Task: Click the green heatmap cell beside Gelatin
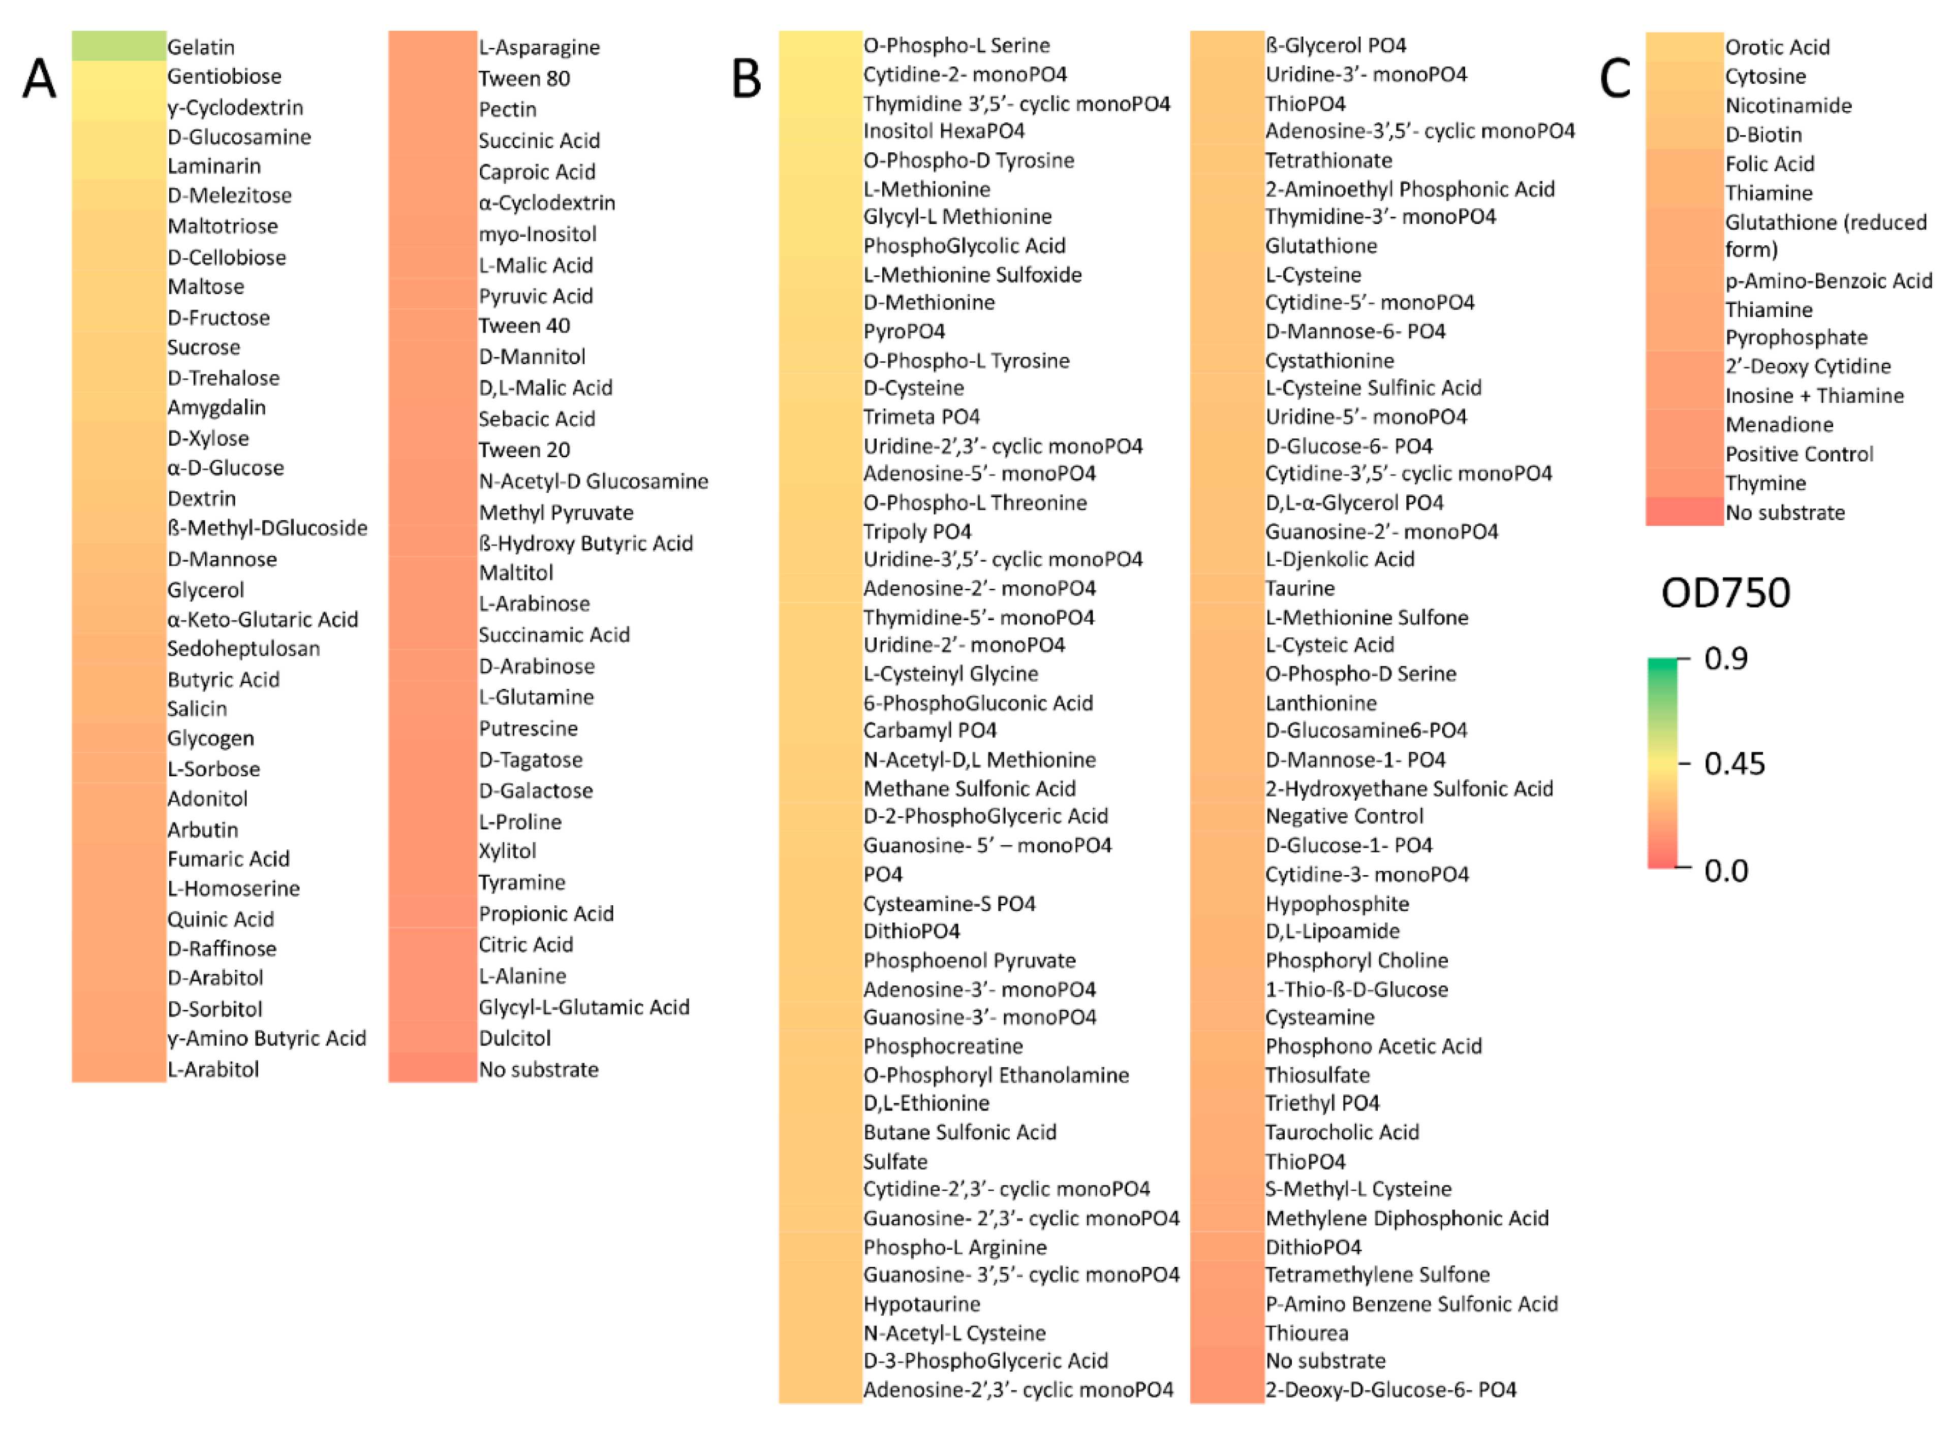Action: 118,46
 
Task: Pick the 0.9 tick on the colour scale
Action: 1725,659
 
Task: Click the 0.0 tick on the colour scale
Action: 1725,870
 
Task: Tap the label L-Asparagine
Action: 539,48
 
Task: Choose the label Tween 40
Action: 524,326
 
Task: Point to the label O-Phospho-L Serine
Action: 956,45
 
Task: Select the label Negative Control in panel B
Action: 1343,816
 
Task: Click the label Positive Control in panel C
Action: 1798,455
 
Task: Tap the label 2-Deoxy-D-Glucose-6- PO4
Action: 1390,1389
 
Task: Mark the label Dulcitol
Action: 514,1038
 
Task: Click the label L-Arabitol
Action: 213,1069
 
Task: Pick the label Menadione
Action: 1779,425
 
